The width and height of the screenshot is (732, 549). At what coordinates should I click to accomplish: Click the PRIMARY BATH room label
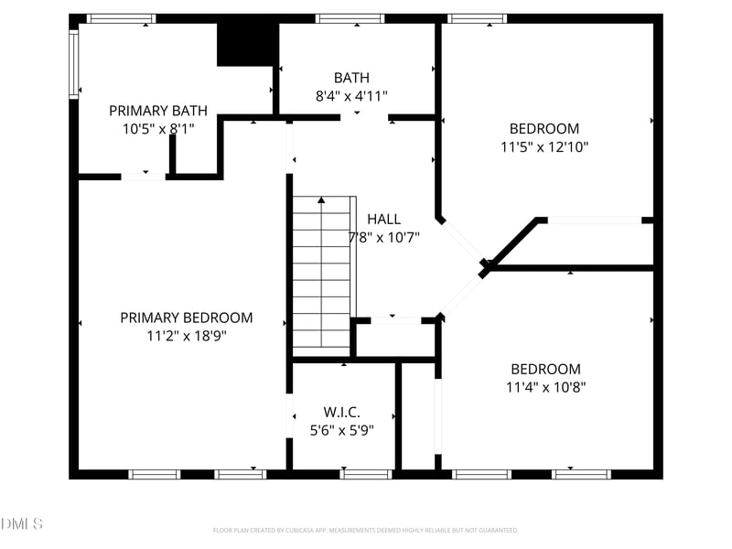click(x=158, y=111)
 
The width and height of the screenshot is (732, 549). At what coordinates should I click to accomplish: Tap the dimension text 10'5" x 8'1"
click(x=158, y=129)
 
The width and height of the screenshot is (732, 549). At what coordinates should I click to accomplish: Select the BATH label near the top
click(x=351, y=78)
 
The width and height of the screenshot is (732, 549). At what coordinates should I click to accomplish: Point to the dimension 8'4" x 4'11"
click(x=351, y=95)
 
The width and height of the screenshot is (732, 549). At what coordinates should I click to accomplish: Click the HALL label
click(x=383, y=219)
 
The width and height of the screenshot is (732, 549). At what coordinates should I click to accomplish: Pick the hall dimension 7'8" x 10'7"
click(x=383, y=237)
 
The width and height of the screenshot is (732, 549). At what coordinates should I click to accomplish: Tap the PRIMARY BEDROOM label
click(x=187, y=318)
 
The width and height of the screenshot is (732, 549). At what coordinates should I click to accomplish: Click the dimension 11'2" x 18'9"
click(x=187, y=336)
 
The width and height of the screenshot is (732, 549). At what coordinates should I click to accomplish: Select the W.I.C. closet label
click(x=342, y=412)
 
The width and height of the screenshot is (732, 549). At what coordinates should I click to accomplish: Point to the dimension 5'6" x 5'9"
click(x=342, y=429)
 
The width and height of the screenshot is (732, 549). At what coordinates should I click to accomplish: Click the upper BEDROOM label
click(x=544, y=129)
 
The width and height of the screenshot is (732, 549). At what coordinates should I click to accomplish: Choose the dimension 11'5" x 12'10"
click(x=544, y=146)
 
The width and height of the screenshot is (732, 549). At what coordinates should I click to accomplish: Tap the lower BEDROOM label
click(x=545, y=369)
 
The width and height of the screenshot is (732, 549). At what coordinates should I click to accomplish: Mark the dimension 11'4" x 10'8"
click(x=545, y=387)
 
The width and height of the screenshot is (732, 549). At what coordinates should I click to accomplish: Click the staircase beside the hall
click(x=322, y=274)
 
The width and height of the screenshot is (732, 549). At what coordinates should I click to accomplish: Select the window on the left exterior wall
click(x=74, y=64)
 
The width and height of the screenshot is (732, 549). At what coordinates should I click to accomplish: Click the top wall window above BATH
click(x=350, y=18)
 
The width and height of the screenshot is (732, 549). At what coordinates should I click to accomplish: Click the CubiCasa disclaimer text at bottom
click(x=366, y=530)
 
